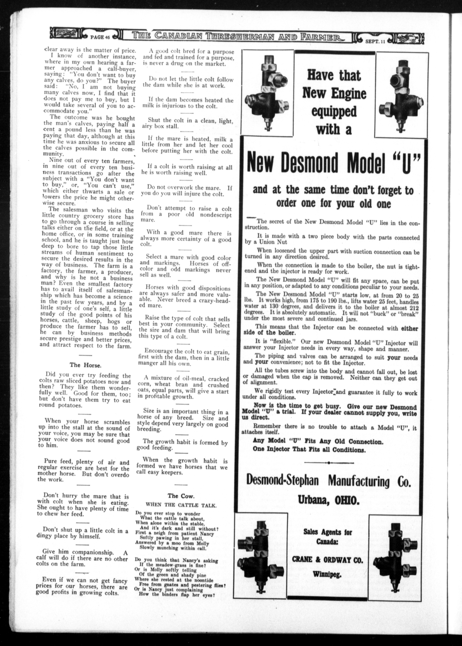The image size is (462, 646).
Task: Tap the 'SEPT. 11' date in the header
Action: tap(375, 41)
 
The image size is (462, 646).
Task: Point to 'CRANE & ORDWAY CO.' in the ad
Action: tap(327, 560)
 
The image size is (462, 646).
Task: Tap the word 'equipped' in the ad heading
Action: tap(334, 111)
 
